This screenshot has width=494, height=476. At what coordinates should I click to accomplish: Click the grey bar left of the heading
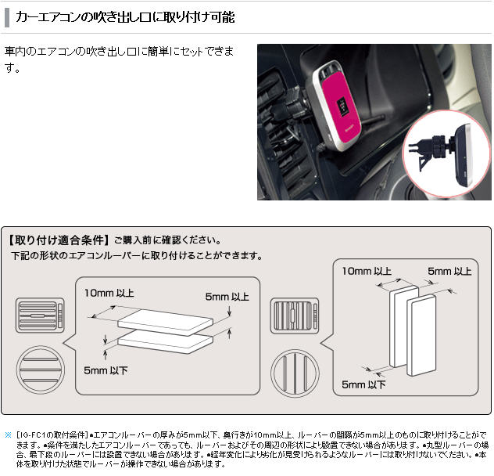point(7,17)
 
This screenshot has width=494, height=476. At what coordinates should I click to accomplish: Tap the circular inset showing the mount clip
point(447,154)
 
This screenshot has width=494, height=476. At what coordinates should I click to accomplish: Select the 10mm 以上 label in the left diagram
point(109,294)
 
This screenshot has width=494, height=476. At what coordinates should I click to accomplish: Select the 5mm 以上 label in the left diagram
point(227,297)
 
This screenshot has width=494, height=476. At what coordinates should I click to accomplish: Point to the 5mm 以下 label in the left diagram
point(106,370)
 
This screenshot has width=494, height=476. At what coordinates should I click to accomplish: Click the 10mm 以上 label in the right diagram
point(367,271)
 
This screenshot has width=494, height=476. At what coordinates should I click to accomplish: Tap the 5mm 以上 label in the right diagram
point(449,271)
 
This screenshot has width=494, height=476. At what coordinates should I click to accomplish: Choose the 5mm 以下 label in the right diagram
point(363,384)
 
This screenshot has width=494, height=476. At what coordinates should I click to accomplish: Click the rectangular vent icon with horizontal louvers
point(40,316)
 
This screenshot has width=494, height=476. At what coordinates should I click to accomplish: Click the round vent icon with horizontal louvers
point(41,370)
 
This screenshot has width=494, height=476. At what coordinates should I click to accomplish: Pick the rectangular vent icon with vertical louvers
point(295,316)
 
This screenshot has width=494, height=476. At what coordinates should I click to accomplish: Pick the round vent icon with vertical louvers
point(295,373)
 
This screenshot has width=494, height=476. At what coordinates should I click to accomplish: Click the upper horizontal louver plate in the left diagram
point(166,322)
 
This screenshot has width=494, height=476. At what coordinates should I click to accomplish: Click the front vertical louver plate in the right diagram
point(421,335)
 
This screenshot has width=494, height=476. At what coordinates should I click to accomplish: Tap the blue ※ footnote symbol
point(8,435)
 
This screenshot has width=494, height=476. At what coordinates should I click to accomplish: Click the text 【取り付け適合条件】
point(59,240)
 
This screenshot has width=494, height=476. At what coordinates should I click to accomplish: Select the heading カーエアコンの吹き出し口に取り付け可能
point(125,17)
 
